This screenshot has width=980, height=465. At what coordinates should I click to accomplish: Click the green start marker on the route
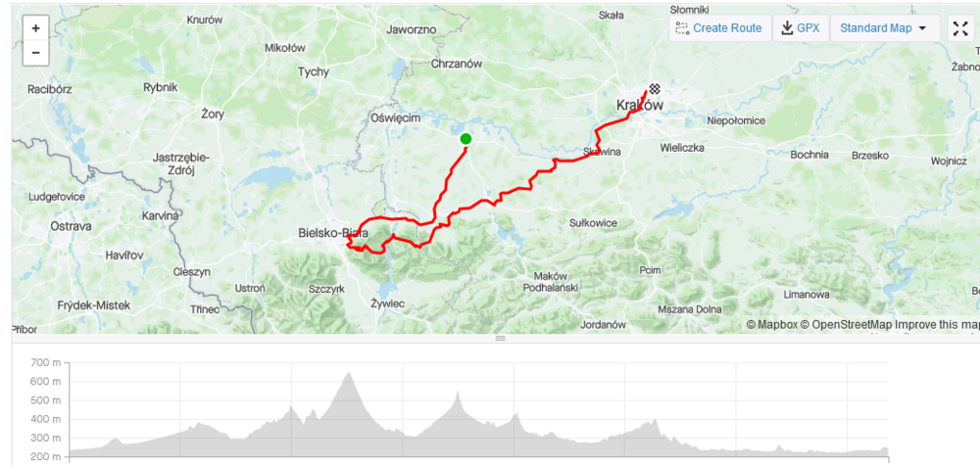[x=465, y=139]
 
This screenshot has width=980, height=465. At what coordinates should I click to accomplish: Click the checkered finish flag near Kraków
[x=654, y=88]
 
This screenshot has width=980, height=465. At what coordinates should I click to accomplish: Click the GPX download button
[x=800, y=28]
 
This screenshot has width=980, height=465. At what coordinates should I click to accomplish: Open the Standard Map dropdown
[x=883, y=28]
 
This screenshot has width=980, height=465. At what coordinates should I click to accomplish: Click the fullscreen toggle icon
[x=960, y=28]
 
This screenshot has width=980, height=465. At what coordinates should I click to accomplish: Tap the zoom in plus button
[x=35, y=28]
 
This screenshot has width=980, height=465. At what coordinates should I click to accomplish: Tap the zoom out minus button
[x=35, y=52]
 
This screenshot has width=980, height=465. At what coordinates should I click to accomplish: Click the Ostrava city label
[x=71, y=226]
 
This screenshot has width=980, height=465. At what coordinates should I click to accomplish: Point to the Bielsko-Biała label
[x=333, y=233]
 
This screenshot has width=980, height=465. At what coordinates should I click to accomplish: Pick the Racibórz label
[x=52, y=88]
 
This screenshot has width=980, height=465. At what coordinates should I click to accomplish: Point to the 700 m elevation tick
[x=46, y=362]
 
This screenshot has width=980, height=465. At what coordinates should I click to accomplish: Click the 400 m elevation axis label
[x=46, y=419]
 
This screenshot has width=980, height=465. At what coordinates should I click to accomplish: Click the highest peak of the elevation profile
[x=348, y=373]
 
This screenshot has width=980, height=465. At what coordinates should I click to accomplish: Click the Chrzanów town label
[x=457, y=64]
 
